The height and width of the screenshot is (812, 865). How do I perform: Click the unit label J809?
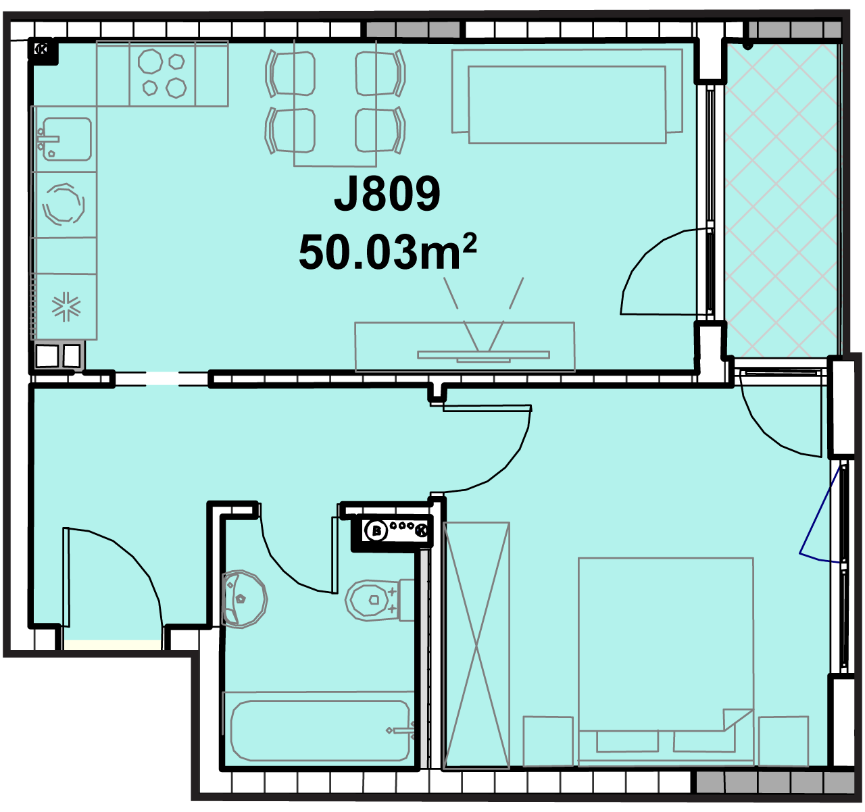click(387, 194)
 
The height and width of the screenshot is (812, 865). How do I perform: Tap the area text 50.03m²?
click(387, 252)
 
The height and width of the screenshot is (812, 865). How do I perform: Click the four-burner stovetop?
click(162, 73)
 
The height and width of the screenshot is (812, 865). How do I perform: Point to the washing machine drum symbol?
click(64, 203)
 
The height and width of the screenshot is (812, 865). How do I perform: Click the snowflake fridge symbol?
click(66, 306)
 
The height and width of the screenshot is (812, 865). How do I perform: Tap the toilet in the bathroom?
click(379, 600)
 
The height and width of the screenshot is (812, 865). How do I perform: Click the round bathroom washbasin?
click(244, 599)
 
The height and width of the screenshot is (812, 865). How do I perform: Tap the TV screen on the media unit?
click(483, 355)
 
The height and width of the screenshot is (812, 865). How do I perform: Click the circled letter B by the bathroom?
click(376, 531)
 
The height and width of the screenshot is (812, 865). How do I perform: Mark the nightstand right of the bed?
click(783, 740)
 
